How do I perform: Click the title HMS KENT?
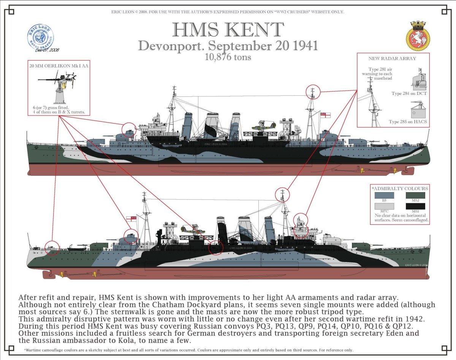(x=228, y=30)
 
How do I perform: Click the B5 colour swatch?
(x=384, y=196)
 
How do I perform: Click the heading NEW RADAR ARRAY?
(x=392, y=58)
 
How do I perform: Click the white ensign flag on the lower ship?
(x=131, y=218)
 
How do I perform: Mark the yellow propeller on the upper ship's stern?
(x=362, y=171)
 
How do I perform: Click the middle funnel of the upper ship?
(x=212, y=125)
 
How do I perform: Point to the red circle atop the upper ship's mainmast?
(x=313, y=92)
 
